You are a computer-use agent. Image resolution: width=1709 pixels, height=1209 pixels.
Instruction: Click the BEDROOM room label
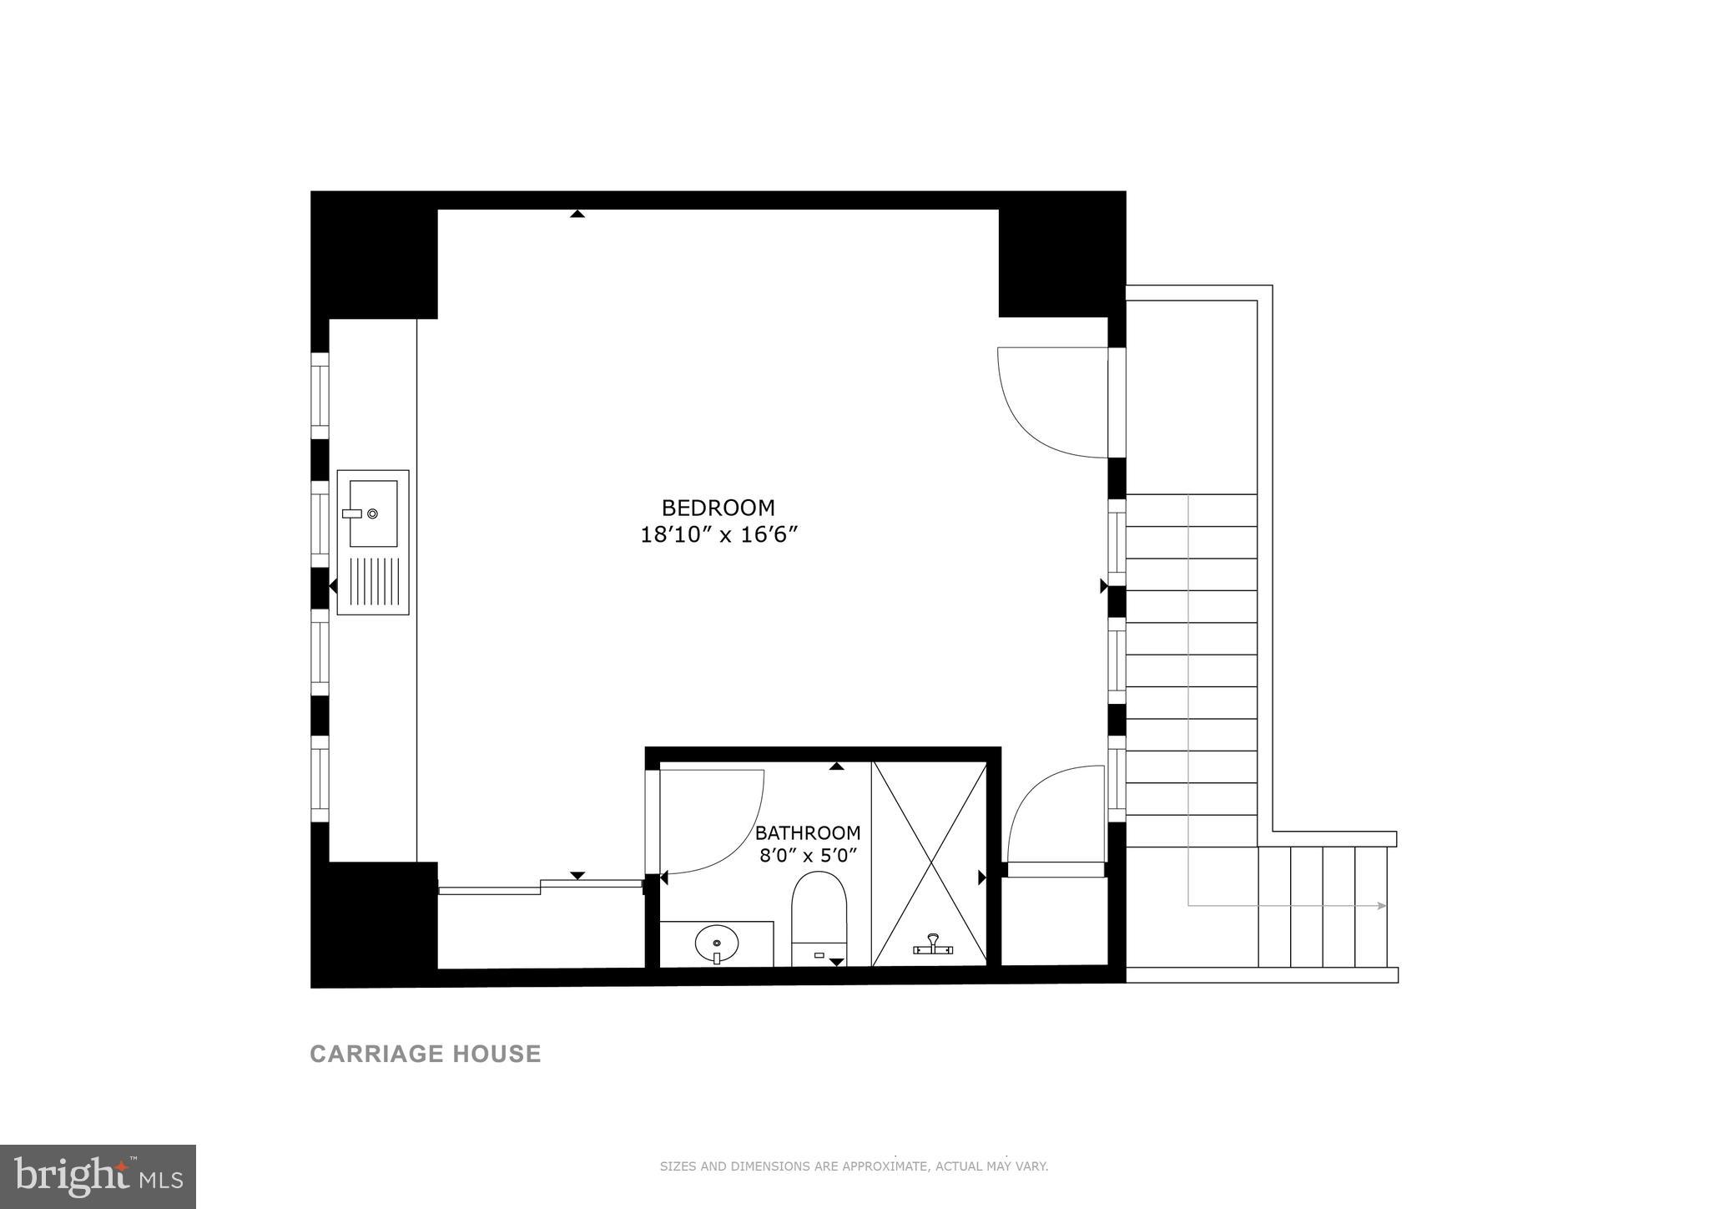coord(718,508)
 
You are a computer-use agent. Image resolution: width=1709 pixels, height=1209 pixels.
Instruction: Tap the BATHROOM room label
coord(807,832)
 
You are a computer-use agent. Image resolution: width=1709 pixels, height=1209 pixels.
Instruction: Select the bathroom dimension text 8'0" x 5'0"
coord(808,856)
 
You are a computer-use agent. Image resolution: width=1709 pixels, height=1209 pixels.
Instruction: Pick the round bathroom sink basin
coord(716,944)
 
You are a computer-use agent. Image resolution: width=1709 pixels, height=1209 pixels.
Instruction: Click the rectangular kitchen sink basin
coord(372,513)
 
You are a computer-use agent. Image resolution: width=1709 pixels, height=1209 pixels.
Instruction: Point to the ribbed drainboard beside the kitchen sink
coord(372,581)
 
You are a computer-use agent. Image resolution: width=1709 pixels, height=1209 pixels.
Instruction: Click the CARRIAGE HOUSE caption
coord(426,1054)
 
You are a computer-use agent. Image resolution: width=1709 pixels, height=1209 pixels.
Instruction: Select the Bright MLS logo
coord(98,1176)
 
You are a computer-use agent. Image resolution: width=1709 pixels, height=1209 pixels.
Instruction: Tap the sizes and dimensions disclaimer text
coord(854,1166)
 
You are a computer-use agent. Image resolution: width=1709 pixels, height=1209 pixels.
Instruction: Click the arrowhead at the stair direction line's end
coord(1382,906)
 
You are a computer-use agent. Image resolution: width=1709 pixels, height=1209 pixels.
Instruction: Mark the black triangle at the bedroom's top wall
coord(577,215)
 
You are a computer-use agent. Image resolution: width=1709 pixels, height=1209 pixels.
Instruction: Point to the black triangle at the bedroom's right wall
coord(1103,586)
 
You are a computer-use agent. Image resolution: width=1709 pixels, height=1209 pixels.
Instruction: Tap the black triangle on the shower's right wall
coord(982,878)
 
